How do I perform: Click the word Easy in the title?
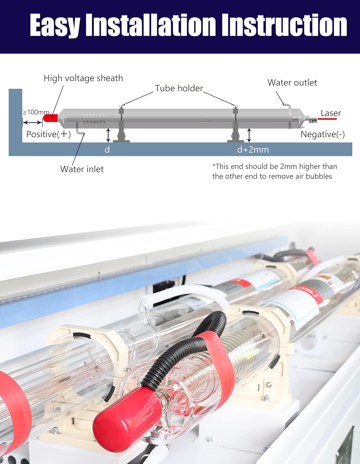pyautogui.click(x=55, y=25)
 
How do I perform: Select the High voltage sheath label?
pyautogui.click(x=83, y=78)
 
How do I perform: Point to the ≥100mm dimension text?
pyautogui.click(x=36, y=112)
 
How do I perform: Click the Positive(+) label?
pyautogui.click(x=49, y=134)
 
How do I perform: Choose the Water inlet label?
pyautogui.click(x=82, y=169)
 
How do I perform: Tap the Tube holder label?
pyautogui.click(x=179, y=88)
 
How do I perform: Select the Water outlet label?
pyautogui.click(x=292, y=83)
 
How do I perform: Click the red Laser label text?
pyautogui.click(x=331, y=113)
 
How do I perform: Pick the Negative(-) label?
pyautogui.click(x=323, y=134)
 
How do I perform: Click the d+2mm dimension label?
pyautogui.click(x=253, y=150)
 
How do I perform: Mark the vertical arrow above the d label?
pyautogui.click(x=108, y=135)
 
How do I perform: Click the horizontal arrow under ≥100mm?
pyautogui.click(x=32, y=123)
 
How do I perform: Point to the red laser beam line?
pyautogui.click(x=327, y=119)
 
